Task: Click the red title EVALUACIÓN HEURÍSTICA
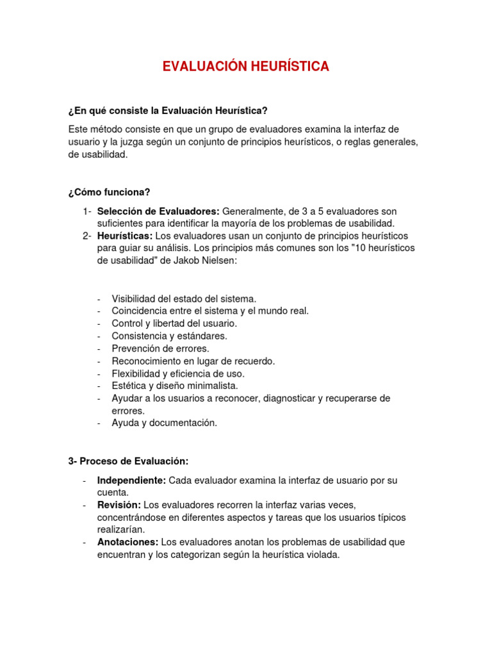pyautogui.click(x=246, y=67)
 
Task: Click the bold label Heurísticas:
pyautogui.click(x=125, y=236)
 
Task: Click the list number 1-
pyautogui.click(x=87, y=211)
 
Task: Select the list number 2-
pyautogui.click(x=87, y=236)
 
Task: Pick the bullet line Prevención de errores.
pyautogui.click(x=160, y=348)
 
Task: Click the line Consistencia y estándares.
pyautogui.click(x=169, y=336)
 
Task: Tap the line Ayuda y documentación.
pyautogui.click(x=164, y=423)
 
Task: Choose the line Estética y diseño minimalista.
pyautogui.click(x=174, y=386)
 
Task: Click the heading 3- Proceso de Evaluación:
pyautogui.click(x=129, y=461)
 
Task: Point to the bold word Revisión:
pyautogui.click(x=119, y=505)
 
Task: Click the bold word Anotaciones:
pyautogui.click(x=127, y=542)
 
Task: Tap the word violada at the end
pyautogui.click(x=322, y=555)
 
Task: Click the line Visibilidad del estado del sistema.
pyautogui.click(x=184, y=299)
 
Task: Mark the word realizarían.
pyautogui.click(x=121, y=530)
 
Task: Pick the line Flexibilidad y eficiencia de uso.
pyautogui.click(x=178, y=373)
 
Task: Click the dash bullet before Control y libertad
pyautogui.click(x=99, y=324)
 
